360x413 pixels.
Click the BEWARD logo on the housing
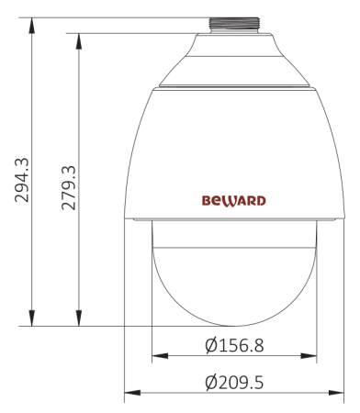pos(233,198)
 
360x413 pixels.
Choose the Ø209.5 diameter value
pos(237,381)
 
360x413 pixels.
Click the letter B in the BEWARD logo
pos(207,198)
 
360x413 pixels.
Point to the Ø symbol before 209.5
pos(211,381)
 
